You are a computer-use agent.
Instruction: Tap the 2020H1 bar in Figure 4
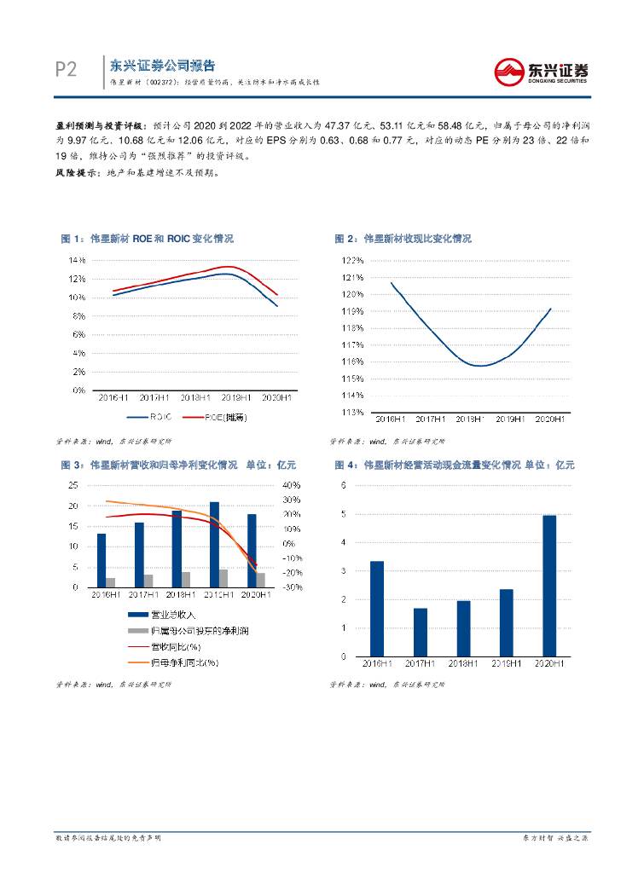click(549, 586)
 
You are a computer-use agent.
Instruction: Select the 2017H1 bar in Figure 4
click(421, 632)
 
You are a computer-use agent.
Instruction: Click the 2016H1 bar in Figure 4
click(376, 609)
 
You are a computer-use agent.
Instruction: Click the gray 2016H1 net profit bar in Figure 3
click(111, 582)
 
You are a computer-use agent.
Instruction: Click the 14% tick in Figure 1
click(78, 259)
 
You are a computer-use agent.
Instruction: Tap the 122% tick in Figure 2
click(353, 261)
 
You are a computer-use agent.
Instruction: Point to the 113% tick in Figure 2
click(353, 412)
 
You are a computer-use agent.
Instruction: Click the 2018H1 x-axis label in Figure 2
click(470, 419)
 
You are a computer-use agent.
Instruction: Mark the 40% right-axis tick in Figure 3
click(290, 485)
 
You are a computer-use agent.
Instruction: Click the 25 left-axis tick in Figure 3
click(73, 485)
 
